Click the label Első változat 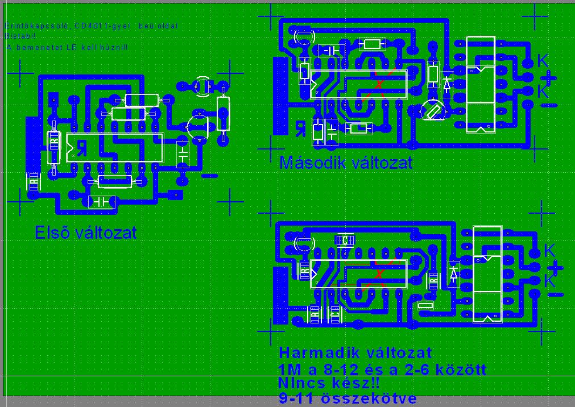pos(86,232)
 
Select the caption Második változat pos(346,163)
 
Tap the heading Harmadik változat pos(355,353)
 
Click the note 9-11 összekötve pos(348,398)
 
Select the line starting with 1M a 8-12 pos(383,369)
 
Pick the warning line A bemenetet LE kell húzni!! pos(68,47)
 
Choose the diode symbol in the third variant pos(453,273)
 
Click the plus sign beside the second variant pos(549,77)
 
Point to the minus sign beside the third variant pos(556,294)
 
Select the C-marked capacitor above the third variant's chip pos(345,240)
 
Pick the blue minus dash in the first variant pos(210,176)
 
